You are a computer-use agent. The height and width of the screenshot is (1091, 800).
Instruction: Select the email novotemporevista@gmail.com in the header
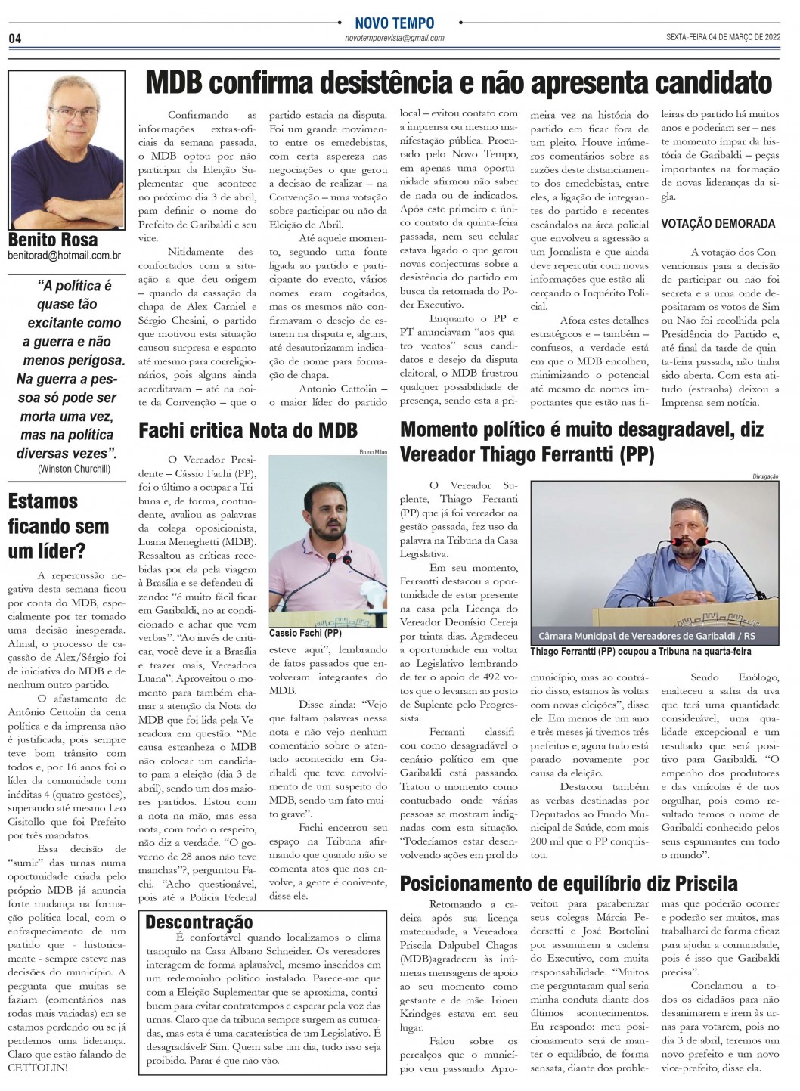394,38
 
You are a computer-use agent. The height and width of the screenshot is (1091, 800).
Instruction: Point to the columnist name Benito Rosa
53,240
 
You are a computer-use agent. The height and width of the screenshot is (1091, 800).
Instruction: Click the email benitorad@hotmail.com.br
64,256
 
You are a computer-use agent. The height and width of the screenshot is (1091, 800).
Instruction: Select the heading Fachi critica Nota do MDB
248,430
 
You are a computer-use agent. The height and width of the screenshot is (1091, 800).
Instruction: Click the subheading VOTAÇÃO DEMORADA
718,223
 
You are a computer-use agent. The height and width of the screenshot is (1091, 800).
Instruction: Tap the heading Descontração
199,922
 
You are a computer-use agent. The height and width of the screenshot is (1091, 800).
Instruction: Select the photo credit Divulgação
765,476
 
